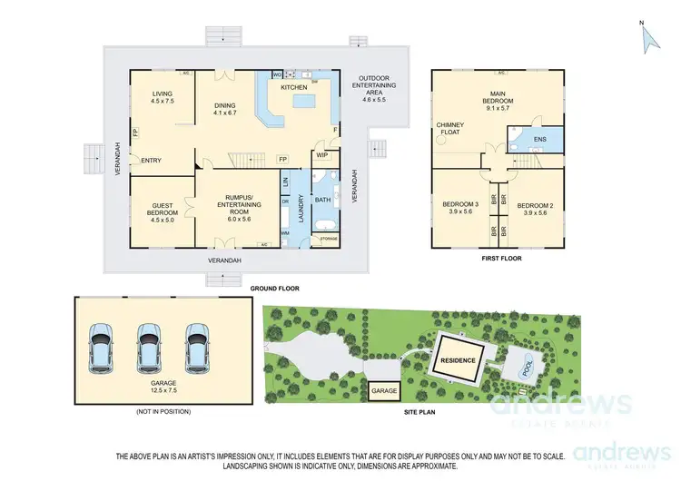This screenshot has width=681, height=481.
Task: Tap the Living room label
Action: (x=163, y=97)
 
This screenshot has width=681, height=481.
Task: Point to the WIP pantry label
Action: (x=322, y=155)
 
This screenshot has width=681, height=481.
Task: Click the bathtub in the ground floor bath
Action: (x=325, y=223)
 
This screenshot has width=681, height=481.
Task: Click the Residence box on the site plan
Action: (x=459, y=358)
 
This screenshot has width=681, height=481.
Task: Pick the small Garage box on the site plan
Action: (x=384, y=391)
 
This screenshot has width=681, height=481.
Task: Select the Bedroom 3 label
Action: (x=460, y=208)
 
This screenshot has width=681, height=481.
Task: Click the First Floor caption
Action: (x=500, y=258)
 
